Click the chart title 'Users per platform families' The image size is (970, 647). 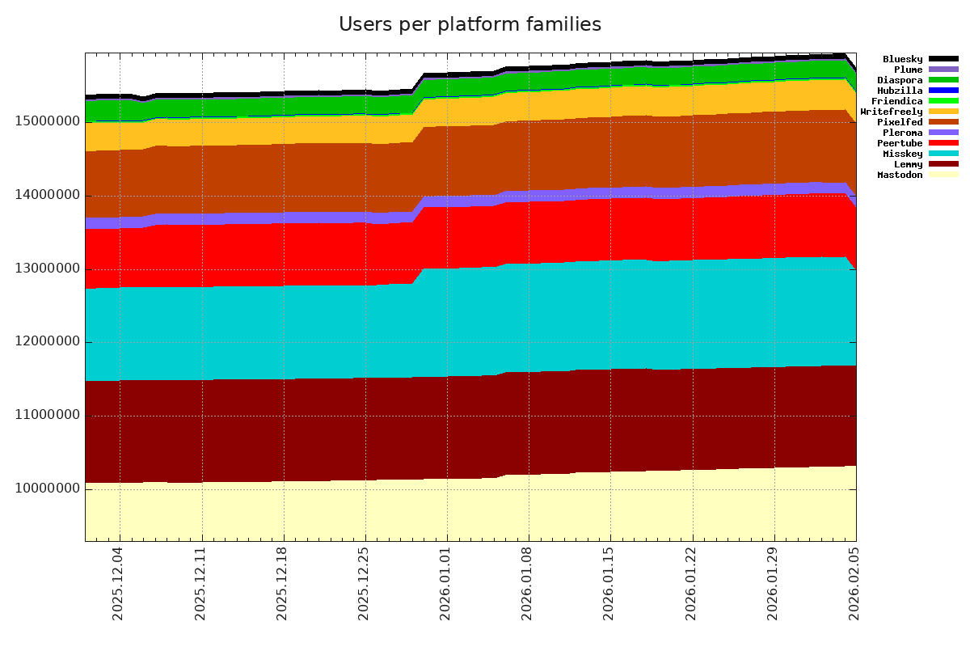click(x=470, y=25)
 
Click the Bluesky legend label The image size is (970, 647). click(x=902, y=59)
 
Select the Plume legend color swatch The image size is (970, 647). click(x=943, y=70)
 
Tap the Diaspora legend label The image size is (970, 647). click(x=900, y=80)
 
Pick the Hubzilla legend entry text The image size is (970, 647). click(x=900, y=91)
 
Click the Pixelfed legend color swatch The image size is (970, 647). click(x=943, y=122)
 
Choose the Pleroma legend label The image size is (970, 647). click(x=902, y=133)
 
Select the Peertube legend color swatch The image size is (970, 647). click(x=943, y=143)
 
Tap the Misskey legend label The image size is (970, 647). click(x=902, y=154)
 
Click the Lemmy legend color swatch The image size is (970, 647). click(x=943, y=164)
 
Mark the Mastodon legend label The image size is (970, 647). click(x=900, y=175)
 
